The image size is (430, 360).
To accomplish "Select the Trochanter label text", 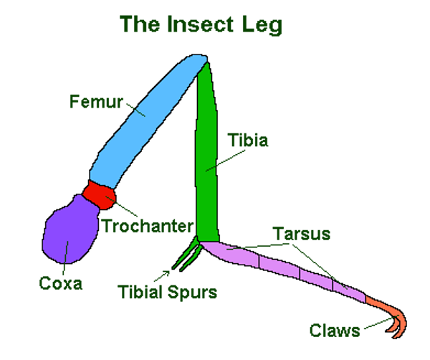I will tap(148, 227).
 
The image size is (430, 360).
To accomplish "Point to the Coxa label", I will tap(60, 283).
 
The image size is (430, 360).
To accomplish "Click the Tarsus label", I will tap(301, 234).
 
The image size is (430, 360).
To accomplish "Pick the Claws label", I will tap(335, 331).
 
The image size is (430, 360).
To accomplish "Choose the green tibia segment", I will tap(206, 158).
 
